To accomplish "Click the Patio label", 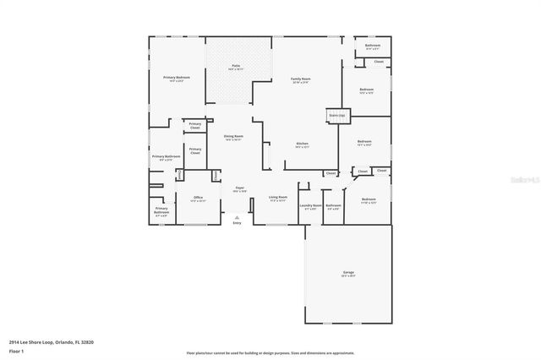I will [x=237, y=66].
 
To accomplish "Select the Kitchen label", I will [x=302, y=144].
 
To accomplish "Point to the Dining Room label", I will [x=233, y=137].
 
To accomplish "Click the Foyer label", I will [x=239, y=188].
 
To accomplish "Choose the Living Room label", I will [x=278, y=199].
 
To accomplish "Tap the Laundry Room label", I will [x=310, y=205].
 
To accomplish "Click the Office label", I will [x=198, y=198].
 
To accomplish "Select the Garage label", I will [x=347, y=273].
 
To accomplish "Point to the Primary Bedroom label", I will [x=177, y=78].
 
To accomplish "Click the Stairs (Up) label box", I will [x=337, y=114].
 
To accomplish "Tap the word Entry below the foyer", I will [x=237, y=222].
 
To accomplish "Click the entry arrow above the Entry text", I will [x=237, y=216].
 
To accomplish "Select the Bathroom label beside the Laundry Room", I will [x=334, y=205].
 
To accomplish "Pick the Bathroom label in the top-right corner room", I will [x=372, y=47].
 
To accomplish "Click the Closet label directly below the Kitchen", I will [x=331, y=173].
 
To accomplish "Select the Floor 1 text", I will [x=16, y=349].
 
